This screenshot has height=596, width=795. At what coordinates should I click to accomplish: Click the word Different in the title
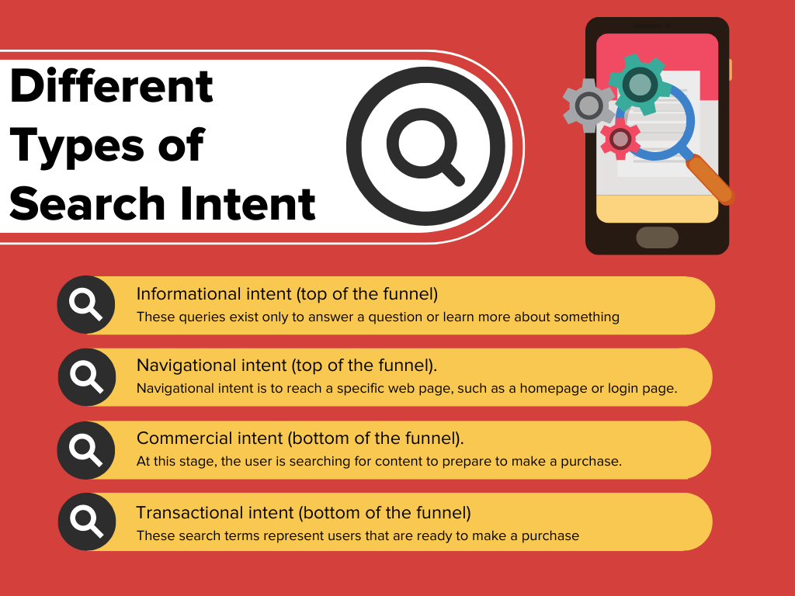point(112,86)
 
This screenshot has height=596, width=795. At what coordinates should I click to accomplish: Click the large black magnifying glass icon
point(426,147)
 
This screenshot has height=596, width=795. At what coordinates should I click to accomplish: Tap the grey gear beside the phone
point(588,106)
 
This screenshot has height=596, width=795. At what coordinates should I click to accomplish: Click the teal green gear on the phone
point(640,84)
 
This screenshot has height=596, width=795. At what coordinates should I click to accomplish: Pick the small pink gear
point(620,139)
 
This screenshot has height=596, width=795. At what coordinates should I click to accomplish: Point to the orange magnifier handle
point(710,179)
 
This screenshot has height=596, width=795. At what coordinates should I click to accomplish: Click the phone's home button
point(657,237)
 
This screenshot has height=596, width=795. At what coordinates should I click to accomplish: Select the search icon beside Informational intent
point(86,304)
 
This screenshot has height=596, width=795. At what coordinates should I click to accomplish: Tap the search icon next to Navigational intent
point(87,377)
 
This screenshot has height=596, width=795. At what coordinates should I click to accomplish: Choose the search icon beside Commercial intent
point(86,450)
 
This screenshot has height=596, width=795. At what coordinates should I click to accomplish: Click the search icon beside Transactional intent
point(87,522)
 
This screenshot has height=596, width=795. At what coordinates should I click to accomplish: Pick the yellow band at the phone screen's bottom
point(657,209)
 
